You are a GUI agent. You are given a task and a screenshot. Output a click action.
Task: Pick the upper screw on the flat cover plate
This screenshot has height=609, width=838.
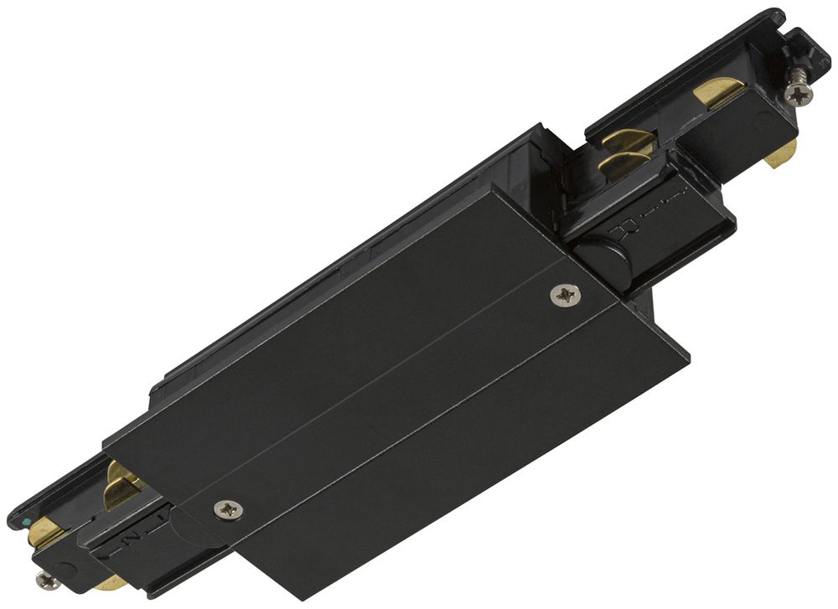pos(566,293)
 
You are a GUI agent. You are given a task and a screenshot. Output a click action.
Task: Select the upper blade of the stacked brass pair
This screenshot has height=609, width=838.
pos(629,141)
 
